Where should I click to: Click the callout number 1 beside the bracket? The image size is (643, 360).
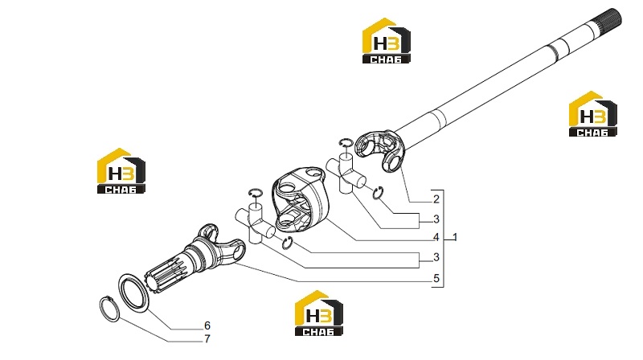[x=454, y=237]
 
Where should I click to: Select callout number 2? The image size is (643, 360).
[x=436, y=198]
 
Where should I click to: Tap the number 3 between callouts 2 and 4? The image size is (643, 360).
[x=436, y=219]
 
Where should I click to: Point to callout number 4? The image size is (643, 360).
[x=436, y=237]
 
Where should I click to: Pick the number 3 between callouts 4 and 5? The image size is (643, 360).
[x=436, y=257]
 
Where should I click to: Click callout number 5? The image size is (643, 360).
[x=436, y=278]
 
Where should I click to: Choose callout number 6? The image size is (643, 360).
[x=207, y=325]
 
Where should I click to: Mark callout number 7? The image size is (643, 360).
[x=207, y=339]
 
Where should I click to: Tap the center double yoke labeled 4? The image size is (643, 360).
[x=300, y=199]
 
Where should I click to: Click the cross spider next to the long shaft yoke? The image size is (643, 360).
[x=346, y=173]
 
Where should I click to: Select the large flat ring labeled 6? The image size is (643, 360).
[x=134, y=293]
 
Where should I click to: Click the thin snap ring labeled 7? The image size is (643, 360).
[x=110, y=309]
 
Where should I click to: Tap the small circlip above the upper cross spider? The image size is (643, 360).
[x=346, y=142]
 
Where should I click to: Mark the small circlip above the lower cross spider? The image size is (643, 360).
[x=256, y=193]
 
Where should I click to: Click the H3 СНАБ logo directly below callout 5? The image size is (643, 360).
[x=319, y=313]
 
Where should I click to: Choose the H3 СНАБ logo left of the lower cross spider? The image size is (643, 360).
[x=121, y=170]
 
